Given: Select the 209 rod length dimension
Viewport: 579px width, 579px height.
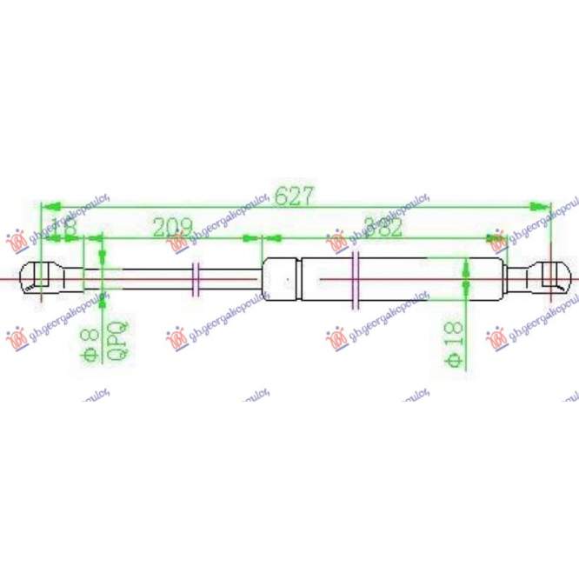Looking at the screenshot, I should coord(172,229).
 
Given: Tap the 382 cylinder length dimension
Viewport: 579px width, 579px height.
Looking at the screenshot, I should coord(383,228).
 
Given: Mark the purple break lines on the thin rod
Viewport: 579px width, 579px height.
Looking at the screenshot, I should coord(196,279).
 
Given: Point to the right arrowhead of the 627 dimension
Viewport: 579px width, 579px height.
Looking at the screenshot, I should coord(544,207).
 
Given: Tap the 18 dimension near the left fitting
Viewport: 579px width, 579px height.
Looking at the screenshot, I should coord(66,228).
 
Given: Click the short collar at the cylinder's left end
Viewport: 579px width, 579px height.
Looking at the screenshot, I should coord(281,278).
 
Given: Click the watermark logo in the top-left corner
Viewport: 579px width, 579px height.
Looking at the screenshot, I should coord(15,239).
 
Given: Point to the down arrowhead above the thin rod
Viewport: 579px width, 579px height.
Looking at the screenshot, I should coord(103,257).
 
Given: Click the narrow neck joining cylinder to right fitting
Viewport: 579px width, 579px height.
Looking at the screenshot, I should coord(520,277).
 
